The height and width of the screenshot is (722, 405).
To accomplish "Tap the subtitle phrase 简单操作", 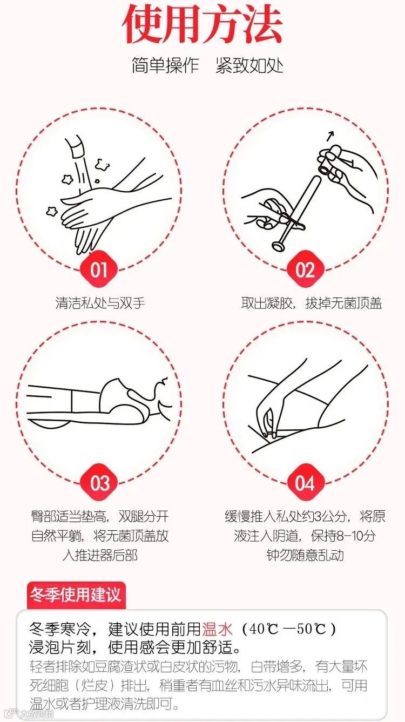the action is pos(165,66).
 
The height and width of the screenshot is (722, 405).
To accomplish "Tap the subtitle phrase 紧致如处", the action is pos(249,66).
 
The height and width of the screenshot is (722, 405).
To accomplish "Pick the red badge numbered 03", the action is pos(99,483).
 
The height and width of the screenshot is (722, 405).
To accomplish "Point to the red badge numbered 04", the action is pos(305,483).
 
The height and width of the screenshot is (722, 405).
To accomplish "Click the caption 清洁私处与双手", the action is pos(100,303).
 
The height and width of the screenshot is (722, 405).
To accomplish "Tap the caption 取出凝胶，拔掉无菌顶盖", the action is pos(312,303).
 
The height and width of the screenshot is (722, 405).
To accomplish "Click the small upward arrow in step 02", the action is pos(330,136).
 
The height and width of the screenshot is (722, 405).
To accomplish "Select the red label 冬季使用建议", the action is pos(76,595).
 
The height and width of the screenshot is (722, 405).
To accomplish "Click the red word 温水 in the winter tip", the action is pos(217,629).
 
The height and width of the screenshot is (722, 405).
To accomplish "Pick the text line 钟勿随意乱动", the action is pos(305,555).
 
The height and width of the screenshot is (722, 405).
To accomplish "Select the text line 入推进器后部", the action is pos(100,555).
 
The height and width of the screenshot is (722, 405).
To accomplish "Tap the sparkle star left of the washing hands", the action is pos(52,211).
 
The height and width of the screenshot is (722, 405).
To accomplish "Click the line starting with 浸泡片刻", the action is pos(135,647).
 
